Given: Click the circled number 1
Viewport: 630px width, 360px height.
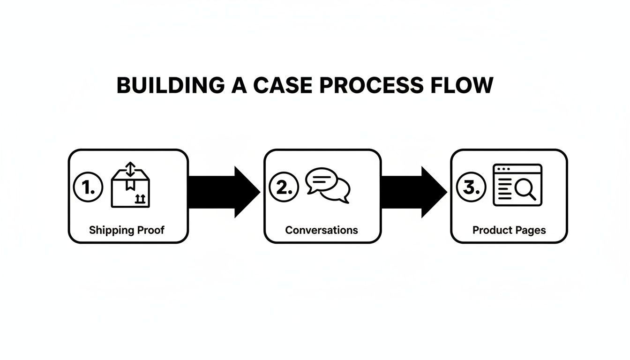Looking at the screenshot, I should [x=88, y=187].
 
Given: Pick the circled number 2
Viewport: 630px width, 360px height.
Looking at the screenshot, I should [x=284, y=187].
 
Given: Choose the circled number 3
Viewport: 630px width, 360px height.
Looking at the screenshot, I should [x=471, y=187].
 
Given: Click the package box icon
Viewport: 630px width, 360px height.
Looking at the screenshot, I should [x=130, y=190].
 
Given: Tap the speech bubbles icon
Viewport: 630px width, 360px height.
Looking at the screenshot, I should [x=328, y=186].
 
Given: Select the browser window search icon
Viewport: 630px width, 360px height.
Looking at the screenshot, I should [x=517, y=185].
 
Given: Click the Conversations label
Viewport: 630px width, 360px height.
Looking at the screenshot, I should [x=322, y=230].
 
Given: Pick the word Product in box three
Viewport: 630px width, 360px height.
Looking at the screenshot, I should [x=491, y=230].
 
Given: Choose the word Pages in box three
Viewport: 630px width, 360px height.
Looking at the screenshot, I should [x=529, y=230].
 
